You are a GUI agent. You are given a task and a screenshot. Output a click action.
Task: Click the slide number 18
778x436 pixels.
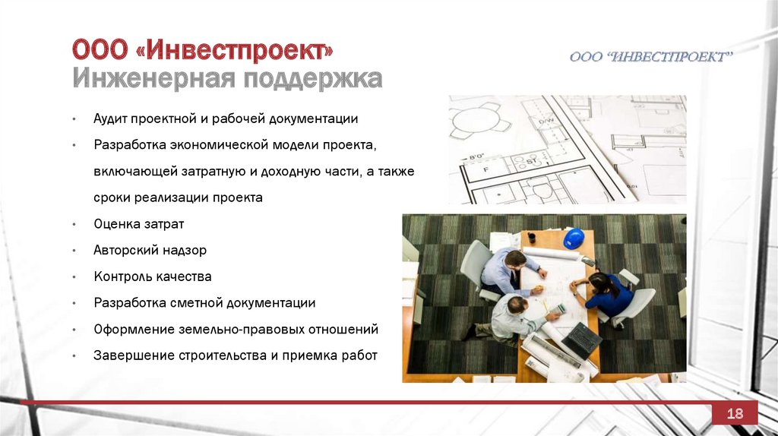tap(735, 413)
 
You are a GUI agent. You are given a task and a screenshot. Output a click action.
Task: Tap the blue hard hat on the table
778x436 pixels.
tap(574, 238)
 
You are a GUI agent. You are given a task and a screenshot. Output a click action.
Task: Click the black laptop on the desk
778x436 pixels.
tap(581, 340)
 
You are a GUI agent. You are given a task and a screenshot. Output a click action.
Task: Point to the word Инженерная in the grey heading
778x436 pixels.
tap(153, 79)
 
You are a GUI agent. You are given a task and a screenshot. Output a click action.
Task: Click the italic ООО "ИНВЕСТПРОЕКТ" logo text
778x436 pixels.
tap(650, 57)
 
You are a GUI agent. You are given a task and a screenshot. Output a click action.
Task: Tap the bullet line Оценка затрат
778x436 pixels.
tap(139, 224)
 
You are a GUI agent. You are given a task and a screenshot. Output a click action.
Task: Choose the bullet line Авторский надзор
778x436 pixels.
tap(150, 251)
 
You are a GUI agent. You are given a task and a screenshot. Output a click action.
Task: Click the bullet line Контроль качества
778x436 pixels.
tap(152, 276)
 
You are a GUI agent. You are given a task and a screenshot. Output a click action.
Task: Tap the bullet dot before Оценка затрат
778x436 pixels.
tap(74, 225)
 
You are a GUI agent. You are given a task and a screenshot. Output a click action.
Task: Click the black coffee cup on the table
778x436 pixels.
tap(531, 238)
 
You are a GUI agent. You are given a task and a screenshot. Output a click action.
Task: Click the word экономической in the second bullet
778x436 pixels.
tap(220, 145)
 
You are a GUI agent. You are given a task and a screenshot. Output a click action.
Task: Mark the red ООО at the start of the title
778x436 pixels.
tap(100, 50)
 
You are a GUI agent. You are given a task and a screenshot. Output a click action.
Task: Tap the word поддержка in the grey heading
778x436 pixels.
tap(312, 79)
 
